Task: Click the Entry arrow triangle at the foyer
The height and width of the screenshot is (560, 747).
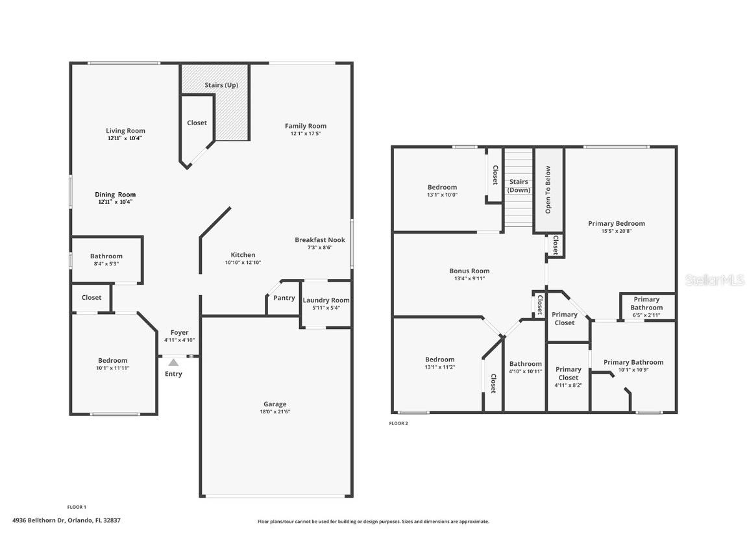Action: pos(173,363)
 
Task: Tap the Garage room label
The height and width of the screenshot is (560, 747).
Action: pos(275,404)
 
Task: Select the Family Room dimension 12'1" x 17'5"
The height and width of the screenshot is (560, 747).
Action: pos(306,134)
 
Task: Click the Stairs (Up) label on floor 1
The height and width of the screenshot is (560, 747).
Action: pos(221,85)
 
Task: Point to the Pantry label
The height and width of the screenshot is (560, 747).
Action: pos(284,298)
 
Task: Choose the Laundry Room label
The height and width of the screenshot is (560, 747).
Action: pos(326,300)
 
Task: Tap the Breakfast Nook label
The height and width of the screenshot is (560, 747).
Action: pos(319,239)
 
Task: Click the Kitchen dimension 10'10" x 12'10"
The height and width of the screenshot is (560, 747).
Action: pos(243,263)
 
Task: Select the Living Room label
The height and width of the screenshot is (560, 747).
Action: pos(125,130)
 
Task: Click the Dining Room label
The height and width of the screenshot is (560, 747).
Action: pos(116,194)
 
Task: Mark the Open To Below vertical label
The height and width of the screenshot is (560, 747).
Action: pos(548,190)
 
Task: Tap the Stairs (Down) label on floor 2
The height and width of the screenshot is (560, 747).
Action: pos(519,186)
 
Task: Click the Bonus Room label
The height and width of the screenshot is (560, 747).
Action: pos(469,271)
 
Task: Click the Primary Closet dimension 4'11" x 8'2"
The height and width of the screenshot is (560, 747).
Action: pos(568,385)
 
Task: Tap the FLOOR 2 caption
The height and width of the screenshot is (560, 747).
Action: pos(398,424)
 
